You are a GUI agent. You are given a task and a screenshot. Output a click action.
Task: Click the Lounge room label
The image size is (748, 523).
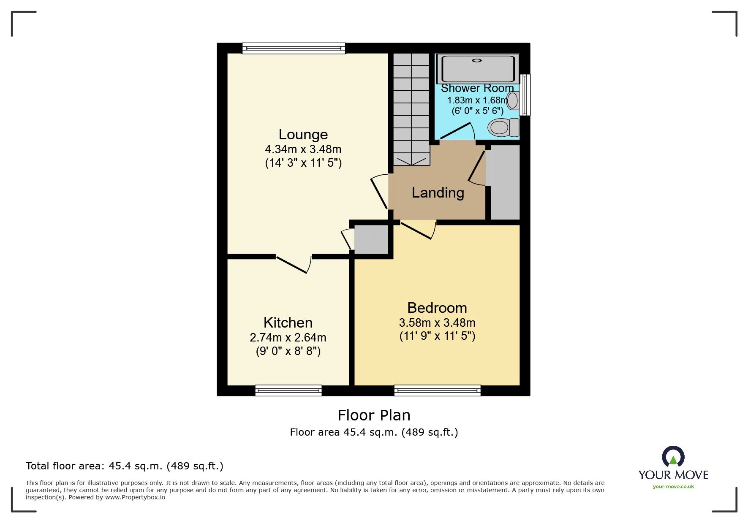click(303, 134)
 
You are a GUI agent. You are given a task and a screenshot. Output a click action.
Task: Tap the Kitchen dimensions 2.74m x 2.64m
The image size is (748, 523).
click(288, 338)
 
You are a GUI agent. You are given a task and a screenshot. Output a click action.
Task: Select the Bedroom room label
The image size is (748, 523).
click(437, 308)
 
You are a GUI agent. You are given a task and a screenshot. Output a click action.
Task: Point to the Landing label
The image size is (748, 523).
click(438, 192)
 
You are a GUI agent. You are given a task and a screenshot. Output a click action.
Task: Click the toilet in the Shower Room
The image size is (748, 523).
click(503, 127)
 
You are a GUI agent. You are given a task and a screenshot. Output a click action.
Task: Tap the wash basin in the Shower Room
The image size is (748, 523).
click(513, 101)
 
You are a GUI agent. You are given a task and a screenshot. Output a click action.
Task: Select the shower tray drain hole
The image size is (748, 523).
click(477, 60)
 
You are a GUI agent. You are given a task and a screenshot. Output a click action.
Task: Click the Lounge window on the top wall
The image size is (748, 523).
click(294, 48)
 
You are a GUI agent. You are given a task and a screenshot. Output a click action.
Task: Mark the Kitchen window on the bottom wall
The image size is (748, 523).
click(288, 390)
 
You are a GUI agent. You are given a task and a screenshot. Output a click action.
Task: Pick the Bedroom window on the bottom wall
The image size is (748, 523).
click(437, 390)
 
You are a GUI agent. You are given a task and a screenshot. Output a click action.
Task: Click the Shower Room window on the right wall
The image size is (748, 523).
click(525, 95)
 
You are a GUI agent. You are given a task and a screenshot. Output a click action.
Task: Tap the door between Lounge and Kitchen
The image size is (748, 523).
click(294, 264)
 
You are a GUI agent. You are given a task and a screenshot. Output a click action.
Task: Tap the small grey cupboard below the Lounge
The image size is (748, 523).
click(371, 239)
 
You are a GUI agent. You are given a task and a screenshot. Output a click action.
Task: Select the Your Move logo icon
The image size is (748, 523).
click(673, 456)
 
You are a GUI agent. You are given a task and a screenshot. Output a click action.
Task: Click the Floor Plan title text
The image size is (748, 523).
click(374, 415)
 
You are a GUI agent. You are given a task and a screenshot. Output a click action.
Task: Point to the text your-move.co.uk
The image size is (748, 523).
click(673, 487)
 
